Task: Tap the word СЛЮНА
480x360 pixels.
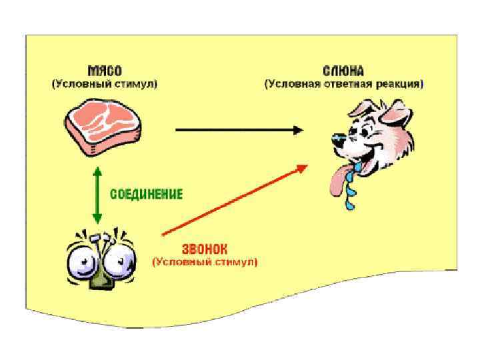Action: coord(344,70)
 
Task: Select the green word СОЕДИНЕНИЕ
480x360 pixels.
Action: coord(146,194)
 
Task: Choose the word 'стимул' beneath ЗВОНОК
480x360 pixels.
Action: coord(233,263)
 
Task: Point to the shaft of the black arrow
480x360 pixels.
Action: coord(233,130)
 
